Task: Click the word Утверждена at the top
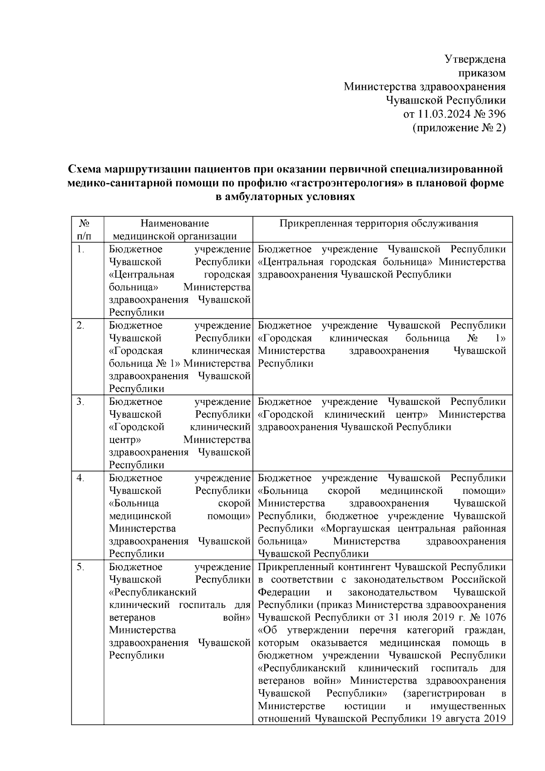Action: point(475,59)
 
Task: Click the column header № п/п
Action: point(84,229)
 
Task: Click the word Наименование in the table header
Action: point(175,223)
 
